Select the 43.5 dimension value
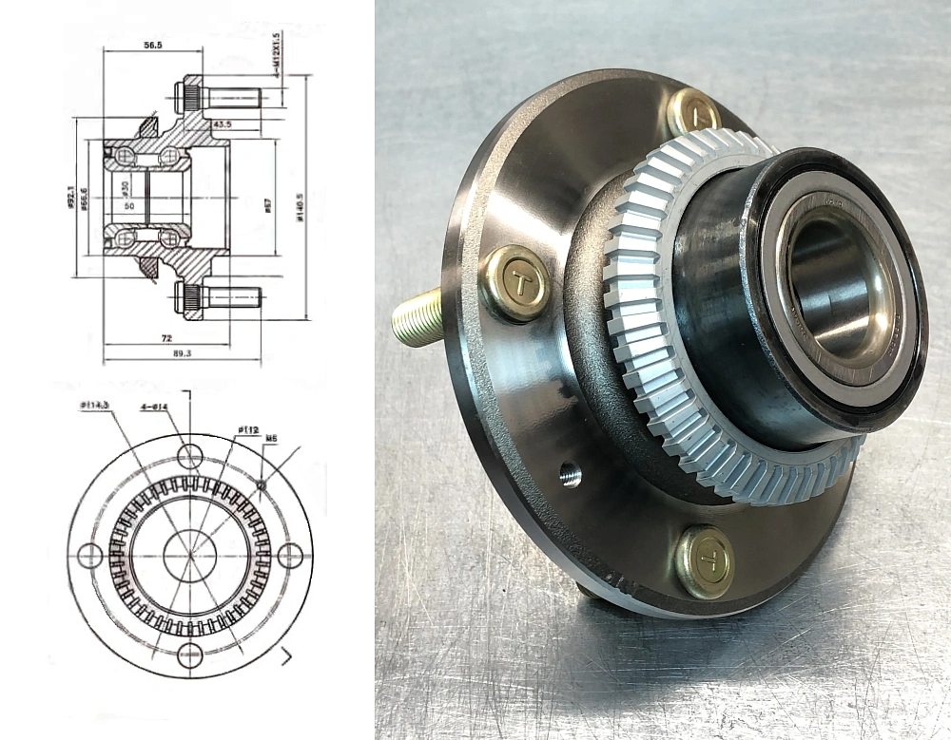pyautogui.click(x=223, y=124)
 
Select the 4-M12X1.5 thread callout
pyautogui.click(x=276, y=55)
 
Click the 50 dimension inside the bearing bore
pyautogui.click(x=129, y=203)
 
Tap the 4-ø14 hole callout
pyautogui.click(x=154, y=408)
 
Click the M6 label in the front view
pyautogui.click(x=271, y=439)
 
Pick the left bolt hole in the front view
pyautogui.click(x=90, y=556)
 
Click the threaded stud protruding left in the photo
pyautogui.click(x=417, y=316)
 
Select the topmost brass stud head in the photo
pyautogui.click(x=693, y=113)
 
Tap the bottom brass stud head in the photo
pyautogui.click(x=705, y=561)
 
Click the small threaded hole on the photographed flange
pyautogui.click(x=571, y=473)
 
